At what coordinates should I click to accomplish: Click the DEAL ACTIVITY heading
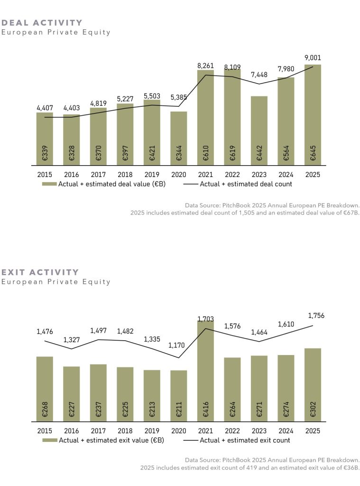(42, 23)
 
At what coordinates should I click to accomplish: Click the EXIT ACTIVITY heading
(40, 272)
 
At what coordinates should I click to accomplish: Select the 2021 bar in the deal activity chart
(205, 119)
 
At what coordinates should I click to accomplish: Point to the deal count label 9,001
(313, 58)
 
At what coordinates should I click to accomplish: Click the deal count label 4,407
(45, 108)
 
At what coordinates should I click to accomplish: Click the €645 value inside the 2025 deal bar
(313, 152)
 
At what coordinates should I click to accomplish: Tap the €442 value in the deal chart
(259, 152)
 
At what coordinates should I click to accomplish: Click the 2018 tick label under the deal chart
(125, 175)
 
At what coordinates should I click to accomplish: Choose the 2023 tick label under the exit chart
(259, 431)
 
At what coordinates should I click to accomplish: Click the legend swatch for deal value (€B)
(49, 184)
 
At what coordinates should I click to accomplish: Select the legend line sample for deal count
(191, 184)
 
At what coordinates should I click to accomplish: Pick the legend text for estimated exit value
(111, 440)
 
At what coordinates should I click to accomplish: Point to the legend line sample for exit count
(191, 440)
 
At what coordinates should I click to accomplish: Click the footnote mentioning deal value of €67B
(245, 213)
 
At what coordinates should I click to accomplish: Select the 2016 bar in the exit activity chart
(71, 393)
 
